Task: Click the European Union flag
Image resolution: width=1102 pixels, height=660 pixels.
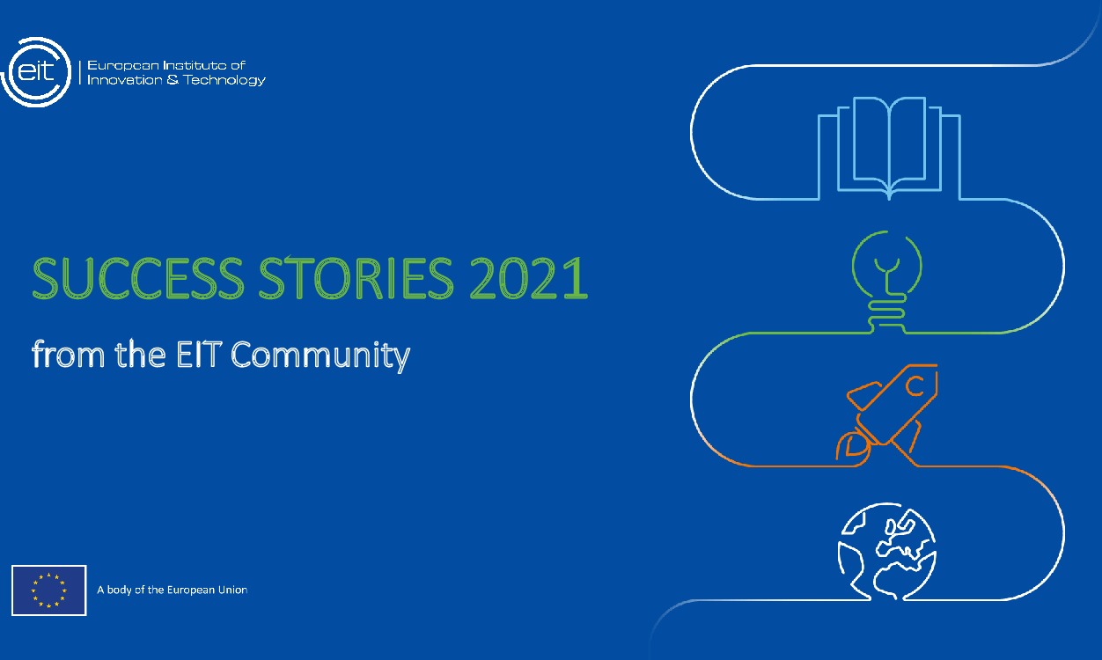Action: [48, 590]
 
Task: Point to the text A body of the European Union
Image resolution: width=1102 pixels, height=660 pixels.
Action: [172, 590]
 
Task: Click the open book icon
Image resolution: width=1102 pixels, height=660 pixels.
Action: [889, 145]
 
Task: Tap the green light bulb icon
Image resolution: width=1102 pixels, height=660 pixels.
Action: [886, 273]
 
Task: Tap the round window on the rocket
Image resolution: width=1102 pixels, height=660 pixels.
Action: [915, 384]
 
